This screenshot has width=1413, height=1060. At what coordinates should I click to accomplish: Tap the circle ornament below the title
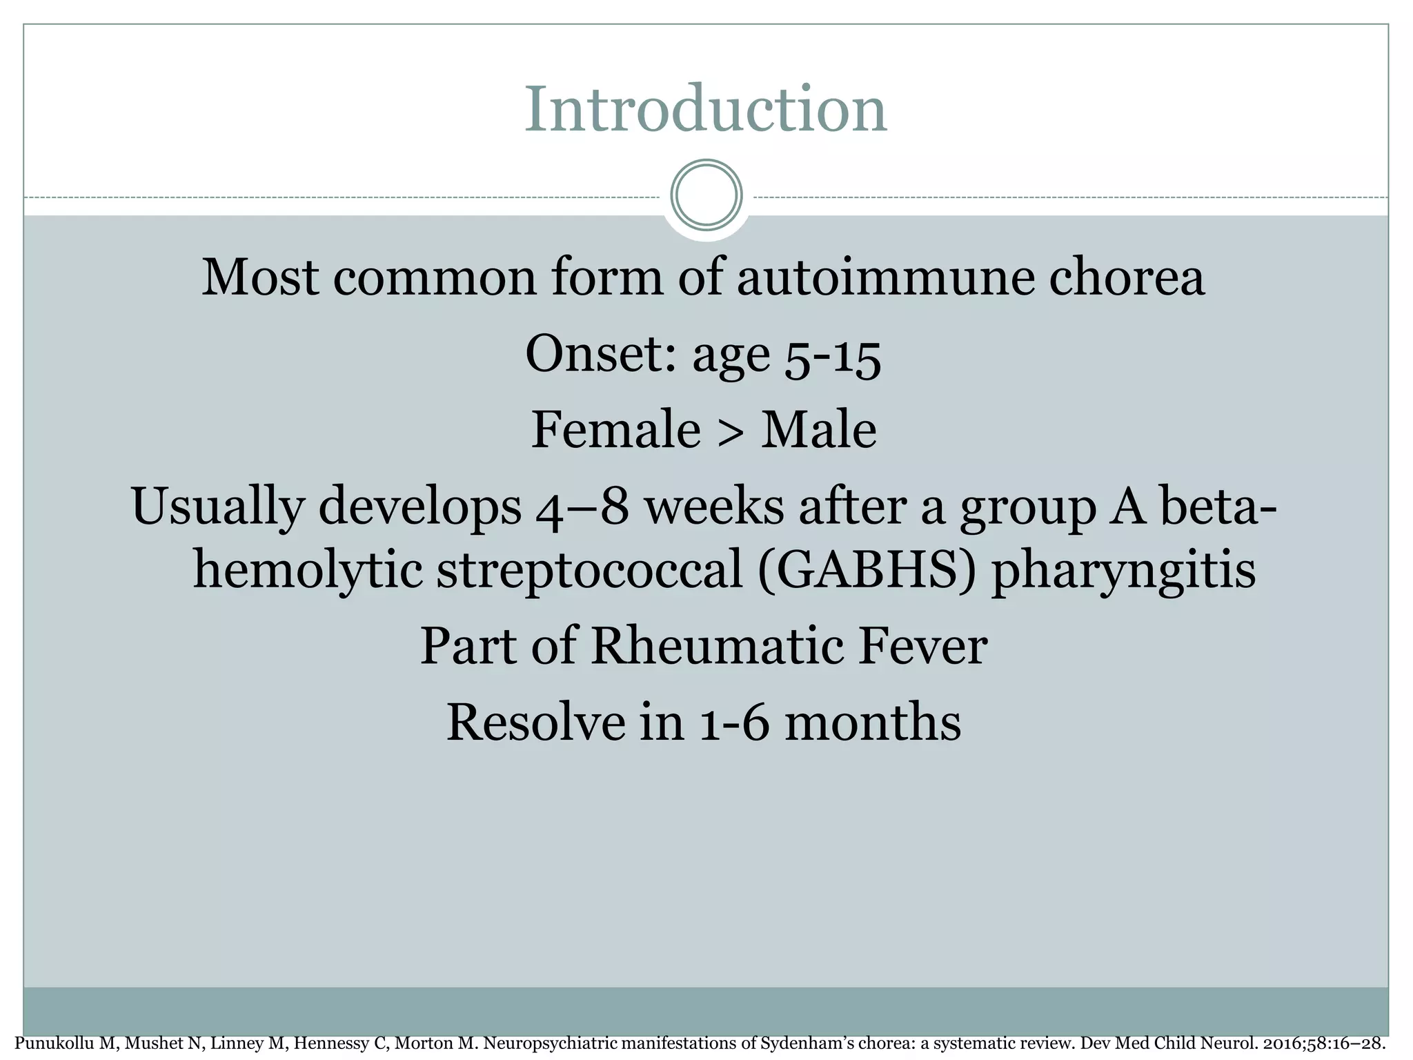(x=706, y=195)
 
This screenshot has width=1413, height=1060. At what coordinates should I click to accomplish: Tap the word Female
(x=615, y=430)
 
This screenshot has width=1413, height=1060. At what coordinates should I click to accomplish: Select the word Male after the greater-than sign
(x=818, y=430)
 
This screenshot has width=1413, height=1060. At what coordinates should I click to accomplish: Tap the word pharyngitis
(x=1123, y=573)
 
